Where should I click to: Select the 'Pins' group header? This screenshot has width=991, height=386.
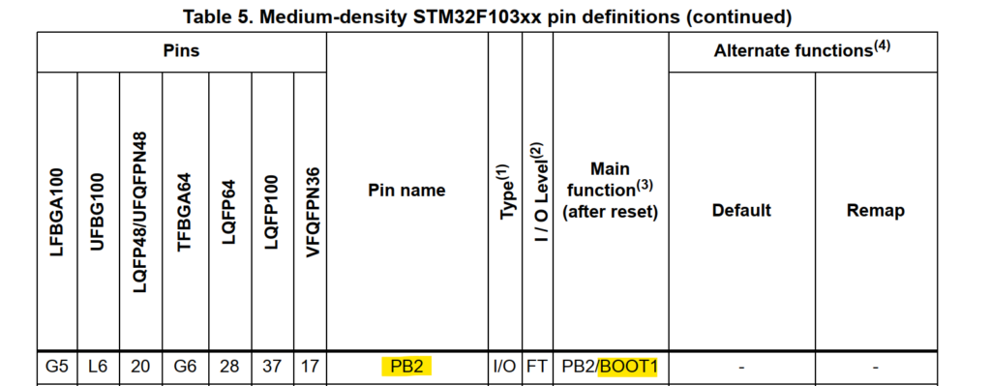(x=181, y=51)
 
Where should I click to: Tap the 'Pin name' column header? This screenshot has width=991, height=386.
(x=406, y=191)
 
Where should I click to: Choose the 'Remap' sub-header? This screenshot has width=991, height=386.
(x=875, y=210)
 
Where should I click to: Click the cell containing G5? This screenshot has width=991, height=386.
(x=57, y=367)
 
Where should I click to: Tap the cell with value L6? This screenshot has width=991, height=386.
(x=97, y=367)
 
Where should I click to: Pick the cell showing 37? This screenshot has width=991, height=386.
(x=271, y=367)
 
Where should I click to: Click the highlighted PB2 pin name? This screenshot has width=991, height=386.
(x=406, y=367)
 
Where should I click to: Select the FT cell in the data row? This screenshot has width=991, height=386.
(x=537, y=367)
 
